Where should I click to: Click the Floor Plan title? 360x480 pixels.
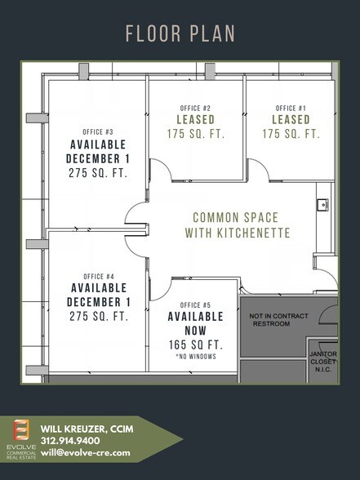tap(180, 33)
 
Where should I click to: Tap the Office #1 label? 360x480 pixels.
tap(291, 108)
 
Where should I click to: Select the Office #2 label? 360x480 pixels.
tap(195, 108)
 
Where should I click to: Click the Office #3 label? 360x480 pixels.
tap(98, 131)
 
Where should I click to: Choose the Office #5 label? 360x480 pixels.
tap(196, 304)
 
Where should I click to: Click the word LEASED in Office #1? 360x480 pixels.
tap(291, 120)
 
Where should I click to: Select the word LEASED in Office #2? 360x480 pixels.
tap(195, 120)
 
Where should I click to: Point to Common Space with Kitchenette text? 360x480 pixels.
tap(235, 225)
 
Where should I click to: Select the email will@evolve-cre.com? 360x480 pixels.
tap(85, 451)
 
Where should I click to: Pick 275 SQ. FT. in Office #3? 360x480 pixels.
tap(98, 172)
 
